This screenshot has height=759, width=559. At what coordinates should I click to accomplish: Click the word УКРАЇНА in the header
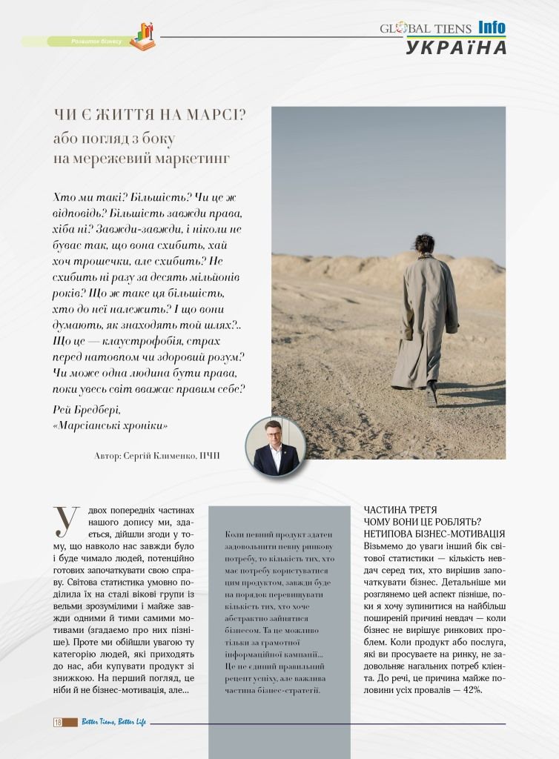(x=456, y=47)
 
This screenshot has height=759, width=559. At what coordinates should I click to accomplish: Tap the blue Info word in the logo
(x=492, y=27)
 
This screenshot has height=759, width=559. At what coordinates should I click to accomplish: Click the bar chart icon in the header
(x=142, y=36)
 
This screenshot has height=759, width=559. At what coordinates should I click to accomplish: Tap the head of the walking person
(x=424, y=243)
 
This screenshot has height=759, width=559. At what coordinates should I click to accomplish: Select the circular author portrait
(x=275, y=446)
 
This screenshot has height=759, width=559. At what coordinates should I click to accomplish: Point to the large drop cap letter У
(x=65, y=521)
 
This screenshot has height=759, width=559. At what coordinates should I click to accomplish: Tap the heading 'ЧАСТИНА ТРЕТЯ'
(x=400, y=510)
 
